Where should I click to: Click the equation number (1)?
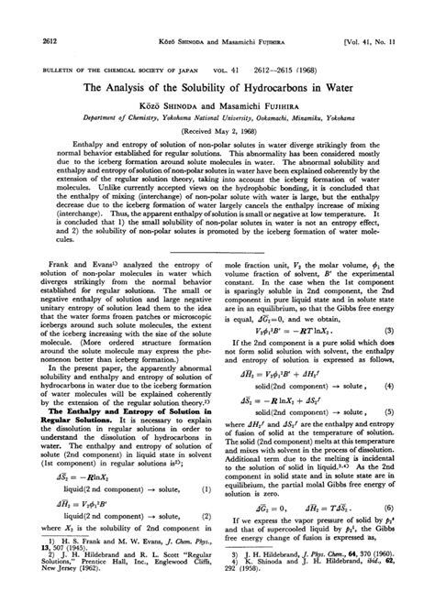203,518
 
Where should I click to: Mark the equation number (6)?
415,532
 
